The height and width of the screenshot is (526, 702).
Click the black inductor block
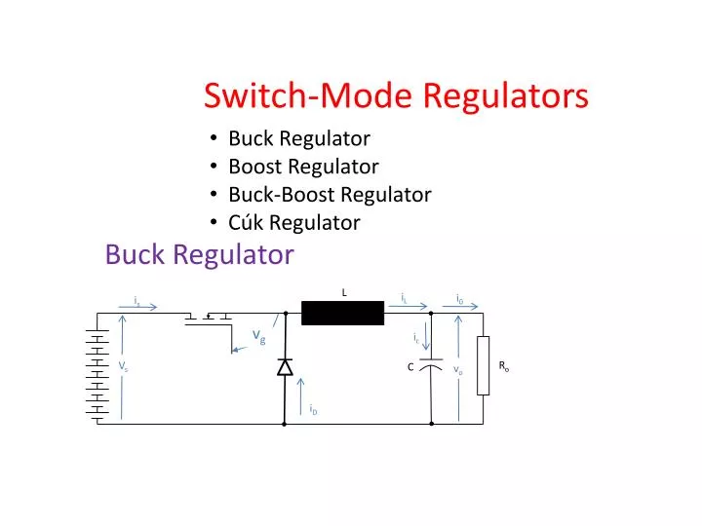click(x=342, y=314)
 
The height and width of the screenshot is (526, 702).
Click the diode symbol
click(x=285, y=367)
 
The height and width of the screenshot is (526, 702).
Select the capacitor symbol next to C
click(x=431, y=366)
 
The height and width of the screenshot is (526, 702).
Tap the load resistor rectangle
click(x=483, y=366)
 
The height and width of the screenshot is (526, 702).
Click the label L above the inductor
click(x=344, y=292)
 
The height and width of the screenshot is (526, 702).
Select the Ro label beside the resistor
click(x=504, y=366)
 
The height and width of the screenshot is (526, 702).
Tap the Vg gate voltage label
click(x=259, y=336)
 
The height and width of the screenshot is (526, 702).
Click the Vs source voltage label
click(x=124, y=366)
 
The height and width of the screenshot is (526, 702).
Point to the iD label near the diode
click(x=313, y=410)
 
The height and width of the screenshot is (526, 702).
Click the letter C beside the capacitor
click(x=410, y=367)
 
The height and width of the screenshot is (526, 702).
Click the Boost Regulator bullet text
click(x=303, y=167)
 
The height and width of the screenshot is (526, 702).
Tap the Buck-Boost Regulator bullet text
click(x=330, y=194)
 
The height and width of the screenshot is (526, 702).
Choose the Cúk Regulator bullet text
click(x=293, y=222)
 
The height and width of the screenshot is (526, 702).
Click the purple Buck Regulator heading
click(x=199, y=255)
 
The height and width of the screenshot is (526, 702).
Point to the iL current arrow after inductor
click(x=414, y=306)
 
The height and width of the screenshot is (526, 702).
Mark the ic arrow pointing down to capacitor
click(x=426, y=339)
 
